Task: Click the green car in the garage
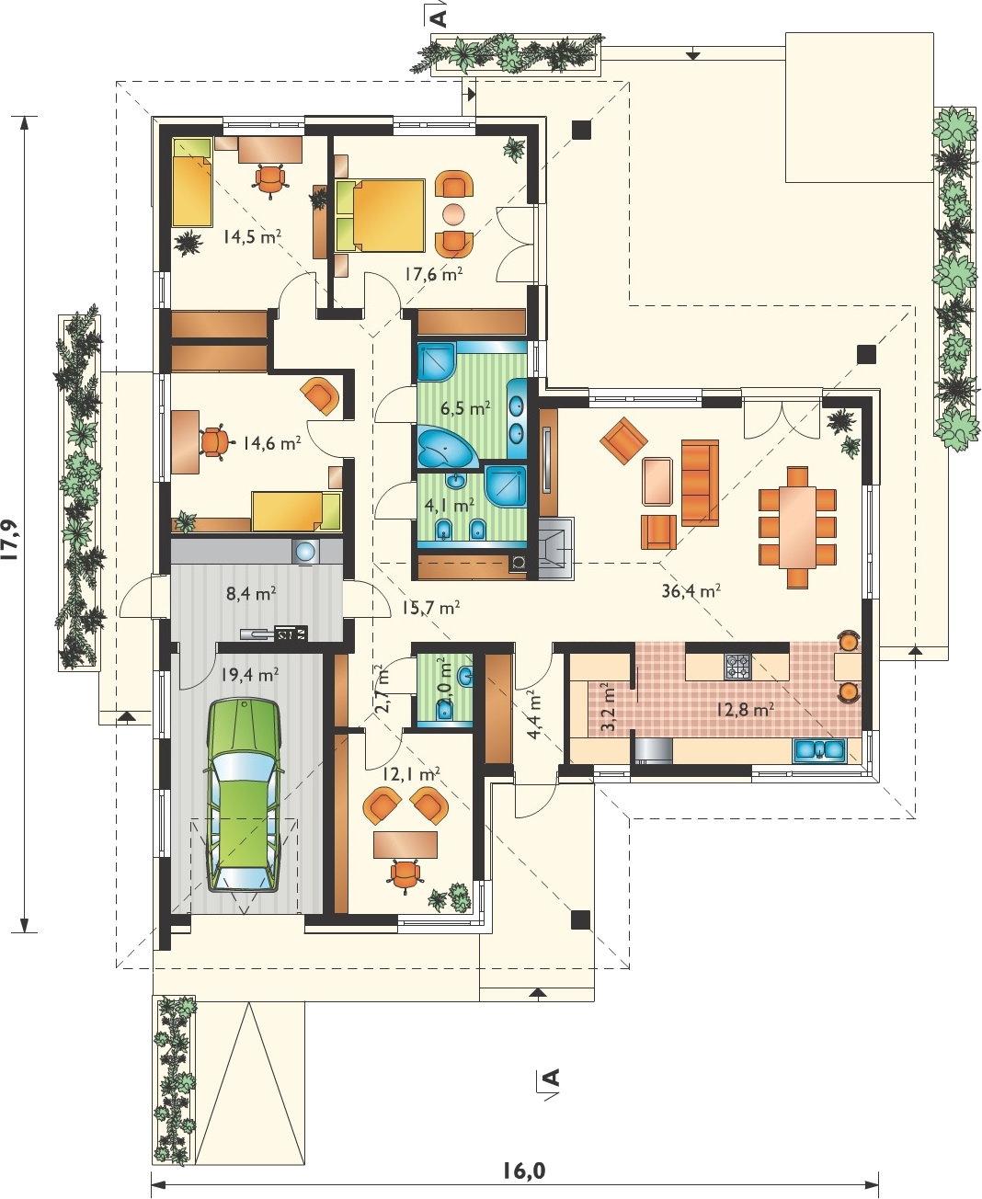245,796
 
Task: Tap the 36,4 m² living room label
691,591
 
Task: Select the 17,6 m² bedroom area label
433,275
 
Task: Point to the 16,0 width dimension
524,1167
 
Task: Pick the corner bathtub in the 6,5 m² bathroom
444,446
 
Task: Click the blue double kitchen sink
820,750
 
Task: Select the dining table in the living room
797,528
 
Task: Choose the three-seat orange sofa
700,482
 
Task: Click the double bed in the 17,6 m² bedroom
380,215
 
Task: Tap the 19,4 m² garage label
249,676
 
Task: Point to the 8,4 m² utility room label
251,594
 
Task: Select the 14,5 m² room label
253,236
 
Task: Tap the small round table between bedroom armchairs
453,215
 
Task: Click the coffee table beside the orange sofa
657,482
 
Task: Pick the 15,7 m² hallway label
430,608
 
